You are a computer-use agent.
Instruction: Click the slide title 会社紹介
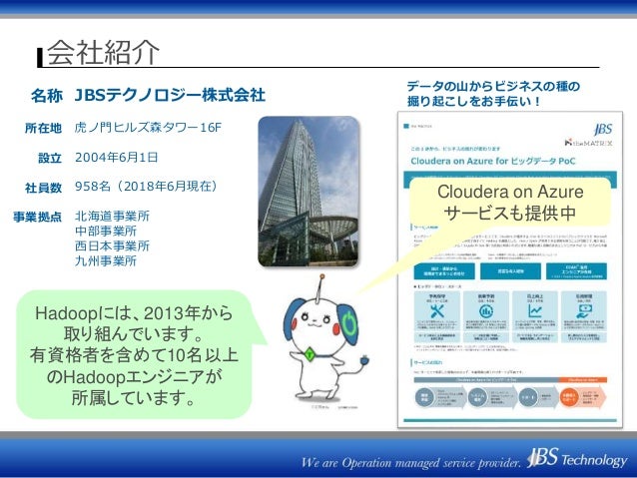(104, 51)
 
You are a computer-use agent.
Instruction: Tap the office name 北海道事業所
(112, 216)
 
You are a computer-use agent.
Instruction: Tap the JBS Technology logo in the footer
(578, 461)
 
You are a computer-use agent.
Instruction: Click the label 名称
(46, 97)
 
